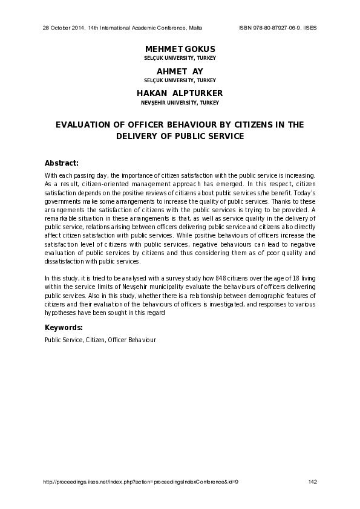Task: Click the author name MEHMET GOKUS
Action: point(180,48)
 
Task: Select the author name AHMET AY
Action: point(180,71)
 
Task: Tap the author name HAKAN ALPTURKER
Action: point(180,93)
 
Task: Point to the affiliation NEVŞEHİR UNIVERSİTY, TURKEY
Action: point(180,103)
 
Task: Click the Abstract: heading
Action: point(61,163)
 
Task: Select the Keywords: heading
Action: point(64,328)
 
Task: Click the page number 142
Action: point(312,481)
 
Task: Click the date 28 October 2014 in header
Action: point(64,28)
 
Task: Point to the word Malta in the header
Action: point(195,28)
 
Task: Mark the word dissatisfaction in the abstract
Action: point(64,261)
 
